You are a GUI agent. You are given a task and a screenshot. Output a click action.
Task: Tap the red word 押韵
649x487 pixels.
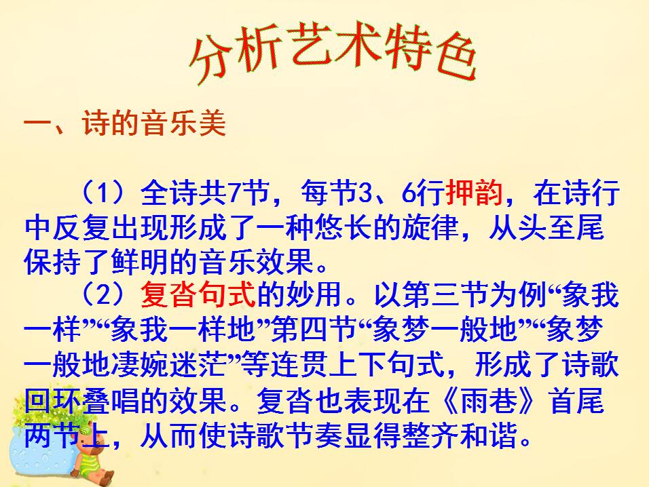tap(474, 194)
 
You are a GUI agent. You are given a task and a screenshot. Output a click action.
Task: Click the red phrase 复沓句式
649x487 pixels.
tap(198, 296)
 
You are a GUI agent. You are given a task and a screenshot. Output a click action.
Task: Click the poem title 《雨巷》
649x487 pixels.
tap(488, 402)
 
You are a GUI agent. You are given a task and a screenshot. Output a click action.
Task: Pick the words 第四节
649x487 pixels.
tap(313, 332)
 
